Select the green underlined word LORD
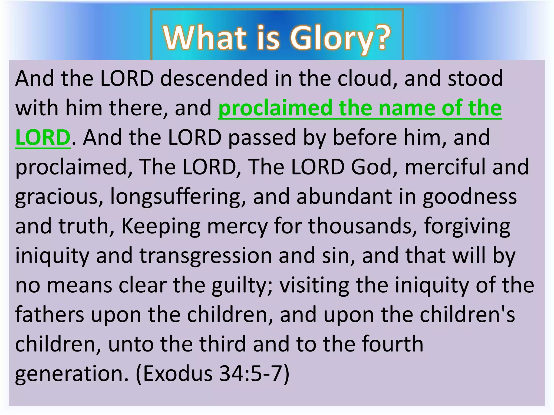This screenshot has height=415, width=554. click(x=43, y=137)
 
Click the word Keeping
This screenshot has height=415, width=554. click(x=161, y=226)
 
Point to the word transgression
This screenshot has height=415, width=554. click(x=206, y=256)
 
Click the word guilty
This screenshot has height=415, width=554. click(x=242, y=285)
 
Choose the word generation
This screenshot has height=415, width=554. click(x=72, y=374)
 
